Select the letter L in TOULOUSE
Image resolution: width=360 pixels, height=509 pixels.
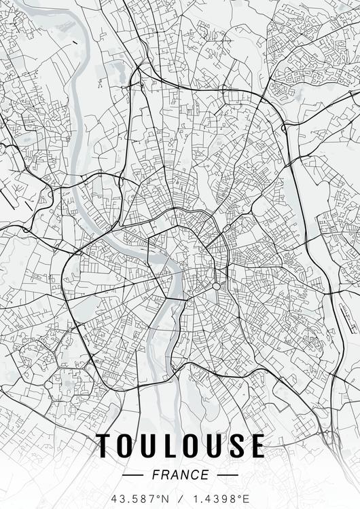pyautogui.click(x=170, y=446)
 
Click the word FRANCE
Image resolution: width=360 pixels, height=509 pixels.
pyautogui.click(x=180, y=475)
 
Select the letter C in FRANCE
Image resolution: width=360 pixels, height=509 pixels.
pyautogui.click(x=195, y=475)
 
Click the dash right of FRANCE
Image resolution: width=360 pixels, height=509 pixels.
pyautogui.click(x=228, y=475)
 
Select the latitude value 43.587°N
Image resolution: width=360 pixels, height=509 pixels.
pyautogui.click(x=141, y=499)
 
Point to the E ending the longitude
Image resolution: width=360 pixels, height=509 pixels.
pyautogui.click(x=244, y=499)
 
